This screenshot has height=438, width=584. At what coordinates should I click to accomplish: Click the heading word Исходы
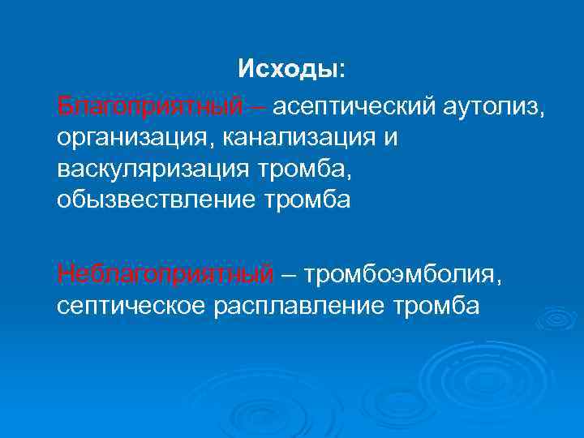point(288,70)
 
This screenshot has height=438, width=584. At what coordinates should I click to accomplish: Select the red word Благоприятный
point(149,106)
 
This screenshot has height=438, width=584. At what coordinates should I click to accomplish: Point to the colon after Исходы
point(341,72)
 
